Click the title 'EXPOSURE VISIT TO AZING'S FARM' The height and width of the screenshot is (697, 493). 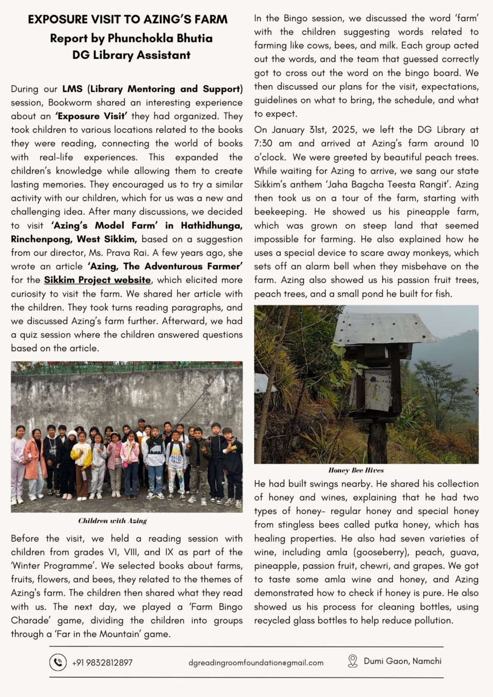coord(128,20)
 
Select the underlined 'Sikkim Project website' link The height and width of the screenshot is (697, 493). coord(97,280)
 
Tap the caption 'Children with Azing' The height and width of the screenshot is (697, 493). coord(113,521)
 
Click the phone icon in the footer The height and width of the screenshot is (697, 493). coord(58,662)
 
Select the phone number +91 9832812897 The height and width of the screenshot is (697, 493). coord(102,663)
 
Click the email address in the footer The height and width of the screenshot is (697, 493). coord(256,663)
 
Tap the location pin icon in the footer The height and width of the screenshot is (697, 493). coord(352,661)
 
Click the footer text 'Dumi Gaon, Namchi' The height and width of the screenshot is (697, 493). coord(402,661)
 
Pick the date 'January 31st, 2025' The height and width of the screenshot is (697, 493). coord(305,130)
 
